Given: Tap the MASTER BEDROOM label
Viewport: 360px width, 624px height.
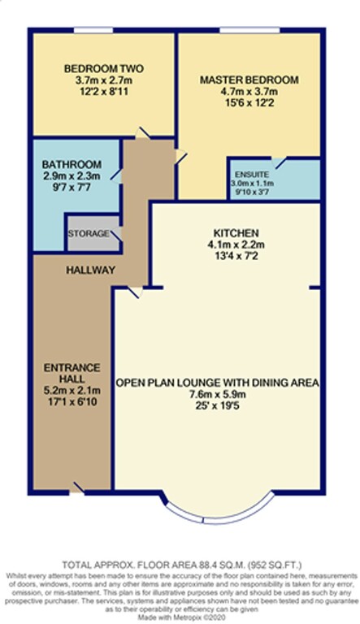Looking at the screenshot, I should pos(249,80).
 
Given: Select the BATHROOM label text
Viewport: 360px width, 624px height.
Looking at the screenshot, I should pos(73,163).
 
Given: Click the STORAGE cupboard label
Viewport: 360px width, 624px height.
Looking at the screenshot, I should pos(89,233).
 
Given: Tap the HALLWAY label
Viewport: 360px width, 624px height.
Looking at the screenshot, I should pos(91,270).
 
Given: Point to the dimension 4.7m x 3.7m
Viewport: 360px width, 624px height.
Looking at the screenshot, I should pos(249,93).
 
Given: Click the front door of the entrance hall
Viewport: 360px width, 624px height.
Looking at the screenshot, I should pos(78,487).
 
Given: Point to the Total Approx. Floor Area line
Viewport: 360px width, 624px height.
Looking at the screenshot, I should pos(179,565).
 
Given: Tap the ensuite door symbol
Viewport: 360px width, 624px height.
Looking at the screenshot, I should pos(280,163).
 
